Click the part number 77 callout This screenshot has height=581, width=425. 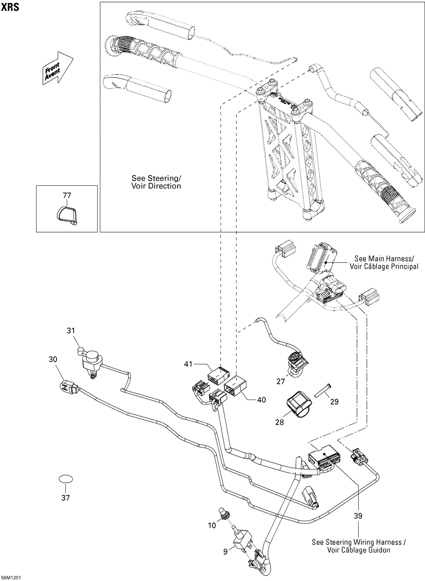point(67,196)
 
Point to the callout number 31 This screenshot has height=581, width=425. point(71,330)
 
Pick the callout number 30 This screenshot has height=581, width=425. point(53,359)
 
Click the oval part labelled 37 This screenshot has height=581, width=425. point(65,479)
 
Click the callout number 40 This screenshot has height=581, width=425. point(261,399)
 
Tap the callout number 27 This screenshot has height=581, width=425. point(281,381)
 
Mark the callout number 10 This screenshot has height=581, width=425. point(212,525)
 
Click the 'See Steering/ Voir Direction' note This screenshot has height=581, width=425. point(156,182)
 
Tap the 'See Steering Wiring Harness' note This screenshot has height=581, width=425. point(359,546)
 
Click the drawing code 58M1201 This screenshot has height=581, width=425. point(11,578)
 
